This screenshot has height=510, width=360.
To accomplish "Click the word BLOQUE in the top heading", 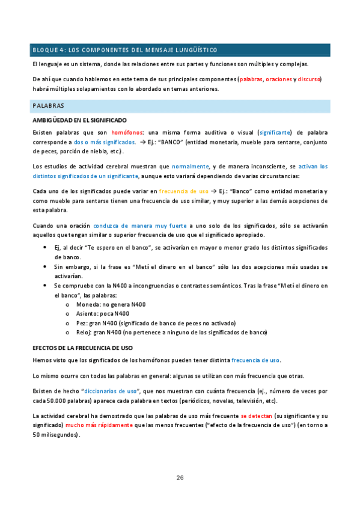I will coord(46,49).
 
